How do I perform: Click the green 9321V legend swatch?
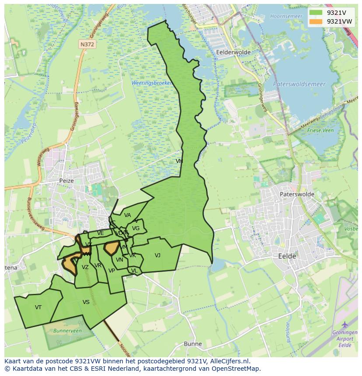[316, 13]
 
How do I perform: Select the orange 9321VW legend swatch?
[316, 21]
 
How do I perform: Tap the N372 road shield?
[87, 45]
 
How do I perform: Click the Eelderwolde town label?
[233, 52]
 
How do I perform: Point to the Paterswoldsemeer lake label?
[299, 84]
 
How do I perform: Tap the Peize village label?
[66, 180]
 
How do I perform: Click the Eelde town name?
[287, 256]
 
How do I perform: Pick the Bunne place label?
[193, 344]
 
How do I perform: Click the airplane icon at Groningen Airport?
[345, 324]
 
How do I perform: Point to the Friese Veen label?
[321, 130]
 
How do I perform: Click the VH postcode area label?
[179, 161]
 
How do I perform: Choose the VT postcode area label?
[38, 307]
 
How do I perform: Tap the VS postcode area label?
[86, 302]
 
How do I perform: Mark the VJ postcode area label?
[157, 255]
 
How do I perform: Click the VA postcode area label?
[128, 215]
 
